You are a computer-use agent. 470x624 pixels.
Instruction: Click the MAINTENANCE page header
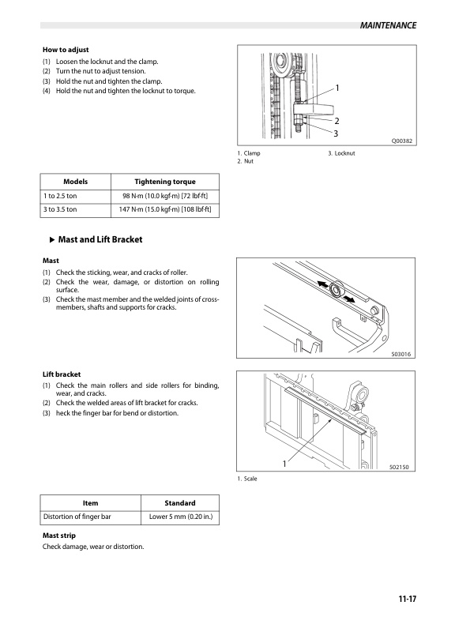coord(388,25)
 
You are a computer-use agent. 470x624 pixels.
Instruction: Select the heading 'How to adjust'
coord(66,50)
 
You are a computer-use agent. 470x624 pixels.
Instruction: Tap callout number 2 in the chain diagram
coord(337,121)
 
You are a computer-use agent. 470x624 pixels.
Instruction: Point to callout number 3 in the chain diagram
coord(336,133)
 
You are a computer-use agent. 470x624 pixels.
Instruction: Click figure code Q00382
coord(402,141)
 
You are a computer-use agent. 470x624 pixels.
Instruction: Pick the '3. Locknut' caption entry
coord(341,153)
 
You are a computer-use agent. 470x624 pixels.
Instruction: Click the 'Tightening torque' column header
coord(165,182)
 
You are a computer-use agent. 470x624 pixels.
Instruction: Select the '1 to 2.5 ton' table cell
coord(60,196)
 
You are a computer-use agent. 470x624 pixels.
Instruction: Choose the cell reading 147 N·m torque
coord(165,209)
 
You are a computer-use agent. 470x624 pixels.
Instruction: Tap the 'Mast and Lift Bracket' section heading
coord(100,239)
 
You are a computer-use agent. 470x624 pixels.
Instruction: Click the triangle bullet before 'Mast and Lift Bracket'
coord(51,240)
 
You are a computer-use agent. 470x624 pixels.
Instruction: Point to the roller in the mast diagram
coord(336,290)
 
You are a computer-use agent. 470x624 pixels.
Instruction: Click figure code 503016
coord(401,354)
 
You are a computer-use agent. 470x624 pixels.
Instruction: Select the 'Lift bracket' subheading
coord(62,374)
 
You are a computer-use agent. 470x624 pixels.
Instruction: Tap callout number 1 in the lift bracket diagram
coord(284,464)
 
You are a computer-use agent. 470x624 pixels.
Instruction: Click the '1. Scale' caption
coord(247,479)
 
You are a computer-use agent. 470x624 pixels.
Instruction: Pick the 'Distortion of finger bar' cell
coord(77,517)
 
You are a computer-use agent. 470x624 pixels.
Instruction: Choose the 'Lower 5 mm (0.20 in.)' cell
coord(181,517)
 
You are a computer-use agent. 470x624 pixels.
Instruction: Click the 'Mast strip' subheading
coord(59,536)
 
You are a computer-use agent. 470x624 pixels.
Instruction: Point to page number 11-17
coord(408,599)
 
